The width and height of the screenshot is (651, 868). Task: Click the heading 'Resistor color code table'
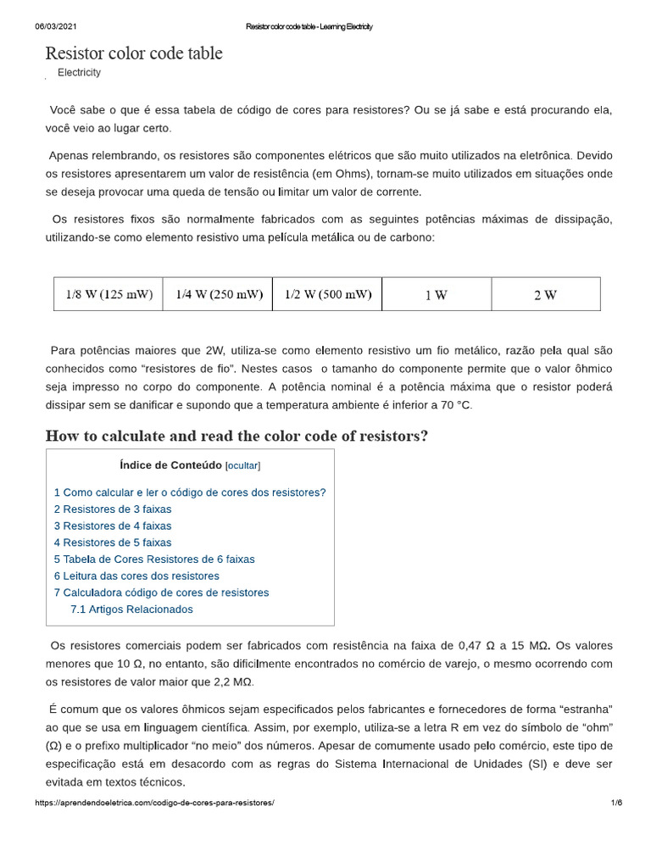134,53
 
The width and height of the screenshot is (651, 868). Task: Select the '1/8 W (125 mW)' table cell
108,295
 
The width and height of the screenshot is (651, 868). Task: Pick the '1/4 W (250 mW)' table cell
218,295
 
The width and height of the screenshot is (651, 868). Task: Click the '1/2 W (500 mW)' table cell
327,295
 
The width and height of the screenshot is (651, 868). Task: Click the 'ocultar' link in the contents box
242,465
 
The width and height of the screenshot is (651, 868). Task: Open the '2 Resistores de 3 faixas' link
113,509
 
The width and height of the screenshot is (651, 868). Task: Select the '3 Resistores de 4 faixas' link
113,526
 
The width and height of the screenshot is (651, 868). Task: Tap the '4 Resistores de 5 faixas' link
113,542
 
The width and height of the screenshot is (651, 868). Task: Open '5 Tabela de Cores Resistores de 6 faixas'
154,559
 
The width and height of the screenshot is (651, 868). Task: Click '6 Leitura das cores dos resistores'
136,576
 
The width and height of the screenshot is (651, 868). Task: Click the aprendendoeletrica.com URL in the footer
154,803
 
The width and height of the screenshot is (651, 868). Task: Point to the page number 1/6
616,803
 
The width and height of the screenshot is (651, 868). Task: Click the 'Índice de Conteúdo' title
170,465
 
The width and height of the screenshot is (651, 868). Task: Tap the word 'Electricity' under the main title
79,73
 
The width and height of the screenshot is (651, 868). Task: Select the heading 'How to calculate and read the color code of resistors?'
236,436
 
